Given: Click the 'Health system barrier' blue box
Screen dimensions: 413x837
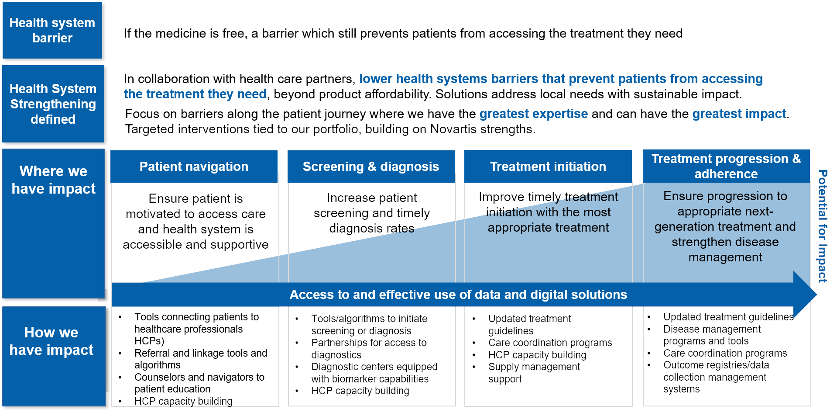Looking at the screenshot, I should (x=52, y=30).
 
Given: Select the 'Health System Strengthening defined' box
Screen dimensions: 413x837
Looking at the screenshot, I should (x=53, y=104).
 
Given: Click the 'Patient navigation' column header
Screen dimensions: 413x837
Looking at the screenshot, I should (x=194, y=167).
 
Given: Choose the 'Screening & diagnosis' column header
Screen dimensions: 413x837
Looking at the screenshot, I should (x=370, y=167).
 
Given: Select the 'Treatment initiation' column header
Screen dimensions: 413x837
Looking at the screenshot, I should (x=548, y=167).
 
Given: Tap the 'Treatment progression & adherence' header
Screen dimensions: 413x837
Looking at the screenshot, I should (x=726, y=166).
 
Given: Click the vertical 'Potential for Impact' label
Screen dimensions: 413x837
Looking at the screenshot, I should (x=822, y=226).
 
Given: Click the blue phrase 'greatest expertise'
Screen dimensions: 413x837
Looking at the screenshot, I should (x=533, y=114).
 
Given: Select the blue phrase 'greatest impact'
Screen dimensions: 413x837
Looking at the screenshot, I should (x=739, y=114).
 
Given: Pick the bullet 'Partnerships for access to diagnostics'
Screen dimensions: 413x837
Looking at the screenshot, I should (x=368, y=349).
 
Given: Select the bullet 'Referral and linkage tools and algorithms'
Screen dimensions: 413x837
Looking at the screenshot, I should (x=200, y=359).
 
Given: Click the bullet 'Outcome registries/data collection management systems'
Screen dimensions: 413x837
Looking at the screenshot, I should (x=715, y=377).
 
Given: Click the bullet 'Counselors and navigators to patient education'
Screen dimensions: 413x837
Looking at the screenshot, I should (x=199, y=383).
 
